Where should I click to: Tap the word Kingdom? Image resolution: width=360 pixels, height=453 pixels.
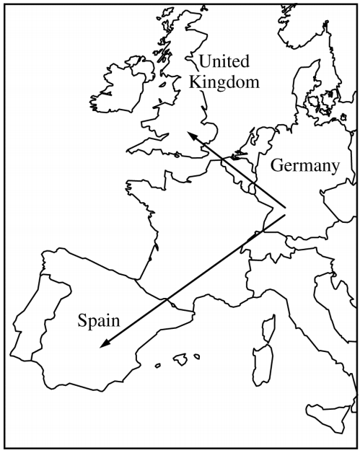[x=224, y=82]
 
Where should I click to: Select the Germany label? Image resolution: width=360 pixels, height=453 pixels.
[x=304, y=166]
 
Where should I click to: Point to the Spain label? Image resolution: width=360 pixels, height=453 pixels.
[x=99, y=318]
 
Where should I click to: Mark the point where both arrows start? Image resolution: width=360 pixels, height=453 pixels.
[x=286, y=212]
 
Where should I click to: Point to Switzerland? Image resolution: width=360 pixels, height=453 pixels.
[x=262, y=245]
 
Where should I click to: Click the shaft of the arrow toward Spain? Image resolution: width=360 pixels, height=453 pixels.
[x=195, y=278]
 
